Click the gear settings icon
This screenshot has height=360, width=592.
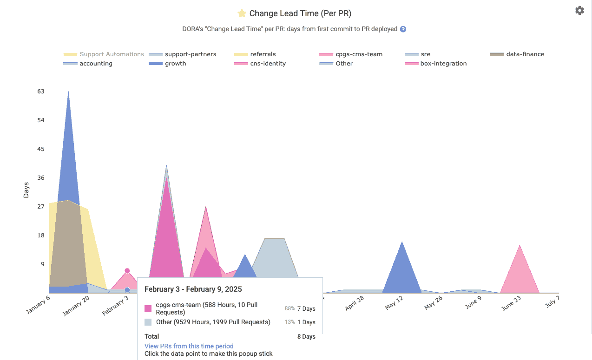click(x=579, y=10)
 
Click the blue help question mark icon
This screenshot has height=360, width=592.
click(x=403, y=29)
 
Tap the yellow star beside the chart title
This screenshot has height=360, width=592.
click(x=242, y=13)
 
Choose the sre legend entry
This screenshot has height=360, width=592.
click(x=425, y=54)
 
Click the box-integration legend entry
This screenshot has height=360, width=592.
click(x=443, y=64)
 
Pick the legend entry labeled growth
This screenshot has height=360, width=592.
click(x=175, y=64)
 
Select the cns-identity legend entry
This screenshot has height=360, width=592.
click(x=268, y=64)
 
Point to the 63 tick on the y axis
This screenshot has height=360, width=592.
click(x=41, y=92)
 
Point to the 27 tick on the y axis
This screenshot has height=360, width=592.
click(x=41, y=206)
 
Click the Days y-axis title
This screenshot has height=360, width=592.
click(x=26, y=190)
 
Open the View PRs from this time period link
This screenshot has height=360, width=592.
click(x=189, y=346)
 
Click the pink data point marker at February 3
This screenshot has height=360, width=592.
click(x=127, y=271)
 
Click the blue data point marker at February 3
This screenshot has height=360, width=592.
click(x=127, y=290)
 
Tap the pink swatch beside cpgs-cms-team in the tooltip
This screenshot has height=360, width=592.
click(x=148, y=308)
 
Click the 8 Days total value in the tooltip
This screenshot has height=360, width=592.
click(x=306, y=336)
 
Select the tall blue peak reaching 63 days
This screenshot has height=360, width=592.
click(x=69, y=139)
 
